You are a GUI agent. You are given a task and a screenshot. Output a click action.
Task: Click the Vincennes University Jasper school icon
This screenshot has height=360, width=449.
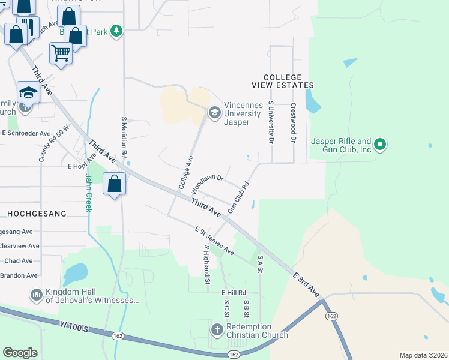point(214,112)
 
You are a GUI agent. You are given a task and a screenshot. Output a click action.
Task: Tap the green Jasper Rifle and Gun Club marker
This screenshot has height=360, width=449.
point(379,144)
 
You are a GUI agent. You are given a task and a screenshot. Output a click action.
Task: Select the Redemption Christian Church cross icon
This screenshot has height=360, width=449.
point(217,329)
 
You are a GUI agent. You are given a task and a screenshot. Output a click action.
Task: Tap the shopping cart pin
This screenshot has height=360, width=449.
point(61,54)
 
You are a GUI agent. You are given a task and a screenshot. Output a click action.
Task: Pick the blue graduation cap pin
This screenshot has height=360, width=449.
point(28,92)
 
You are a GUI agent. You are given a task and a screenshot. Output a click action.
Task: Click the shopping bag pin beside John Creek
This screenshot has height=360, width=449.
point(115,184)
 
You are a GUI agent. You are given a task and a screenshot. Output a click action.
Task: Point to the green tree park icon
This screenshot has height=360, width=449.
point(116,31)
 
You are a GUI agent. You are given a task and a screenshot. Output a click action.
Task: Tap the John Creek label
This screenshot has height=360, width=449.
point(88,193)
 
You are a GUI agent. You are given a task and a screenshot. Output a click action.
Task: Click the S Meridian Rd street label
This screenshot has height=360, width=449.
point(124,137)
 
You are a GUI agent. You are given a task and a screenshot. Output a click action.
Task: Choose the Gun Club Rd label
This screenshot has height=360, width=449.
point(238,199)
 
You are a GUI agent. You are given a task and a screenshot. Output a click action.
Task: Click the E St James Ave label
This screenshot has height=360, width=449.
point(214,240)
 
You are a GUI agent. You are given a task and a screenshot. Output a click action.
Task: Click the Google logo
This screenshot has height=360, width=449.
point(20,353)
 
